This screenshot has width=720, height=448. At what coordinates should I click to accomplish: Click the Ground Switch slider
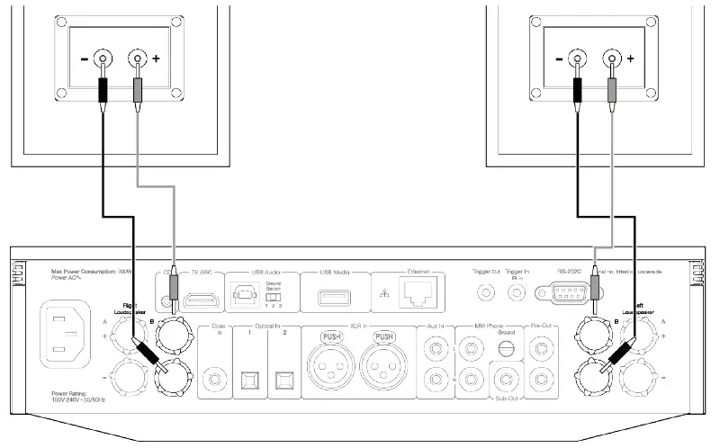[x=280, y=296]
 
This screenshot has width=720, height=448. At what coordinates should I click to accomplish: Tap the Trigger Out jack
[x=486, y=292]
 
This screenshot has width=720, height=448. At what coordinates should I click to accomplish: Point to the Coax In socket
[x=216, y=378]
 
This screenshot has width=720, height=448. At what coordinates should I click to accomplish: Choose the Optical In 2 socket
[x=287, y=378]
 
